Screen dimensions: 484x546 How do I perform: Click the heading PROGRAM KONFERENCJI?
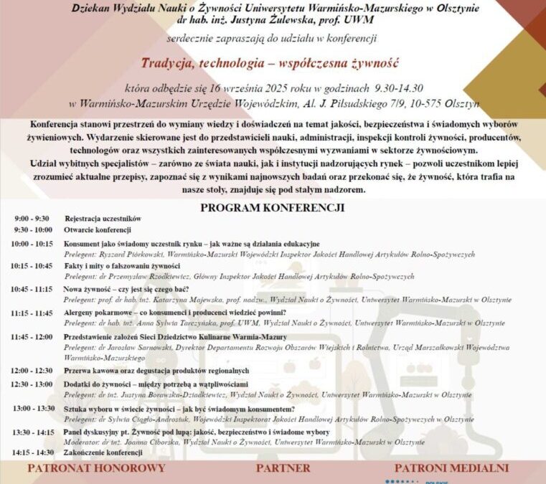tap(272, 207)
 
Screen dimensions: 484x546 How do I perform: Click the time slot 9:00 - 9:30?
tap(32, 218)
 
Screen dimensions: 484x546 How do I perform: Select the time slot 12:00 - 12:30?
tap(32, 370)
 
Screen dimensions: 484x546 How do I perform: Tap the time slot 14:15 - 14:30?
tap(32, 452)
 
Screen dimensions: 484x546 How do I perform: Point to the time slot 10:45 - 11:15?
tap(32, 288)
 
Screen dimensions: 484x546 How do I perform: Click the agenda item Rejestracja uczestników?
tap(103, 218)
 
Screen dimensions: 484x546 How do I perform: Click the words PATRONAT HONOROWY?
tap(96, 468)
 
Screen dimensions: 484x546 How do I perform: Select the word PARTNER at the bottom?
tap(283, 468)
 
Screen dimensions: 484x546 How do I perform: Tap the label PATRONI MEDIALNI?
tap(451, 468)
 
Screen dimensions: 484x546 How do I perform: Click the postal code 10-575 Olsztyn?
tap(446, 103)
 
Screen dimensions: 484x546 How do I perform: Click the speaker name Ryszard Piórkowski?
tap(123, 254)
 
